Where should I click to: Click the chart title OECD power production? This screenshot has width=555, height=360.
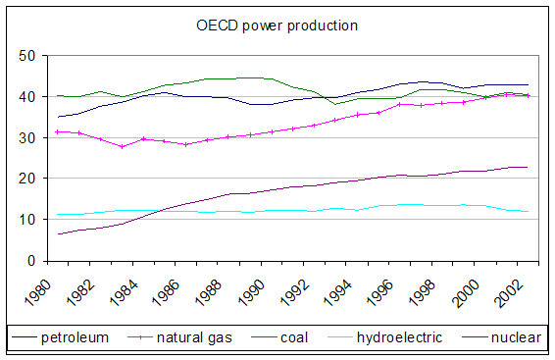click(277, 24)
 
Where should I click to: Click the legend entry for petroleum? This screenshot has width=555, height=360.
click(75, 338)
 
